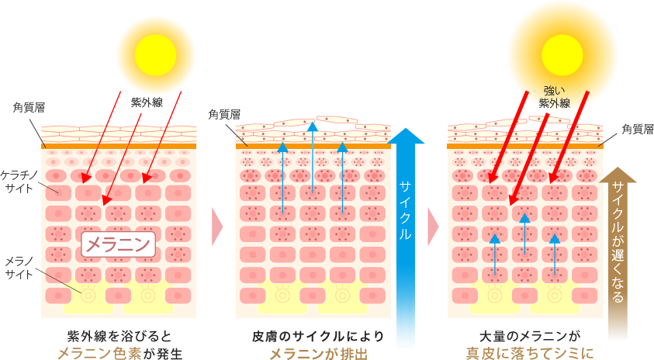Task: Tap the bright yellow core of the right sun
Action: pos(562,55)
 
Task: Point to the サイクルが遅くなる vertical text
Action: pos(618,241)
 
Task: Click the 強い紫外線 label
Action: pos(555,97)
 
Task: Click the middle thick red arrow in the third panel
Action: pos(528,160)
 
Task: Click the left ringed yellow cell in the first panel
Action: pos(88,294)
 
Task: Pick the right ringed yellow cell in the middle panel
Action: pos(342,294)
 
